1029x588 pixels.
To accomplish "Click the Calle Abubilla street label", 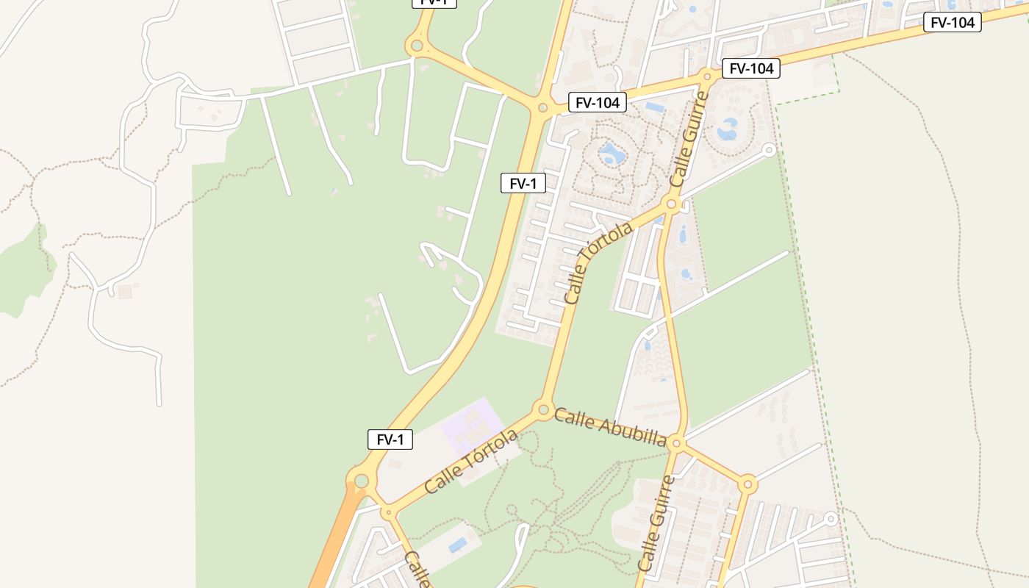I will tap(610, 427).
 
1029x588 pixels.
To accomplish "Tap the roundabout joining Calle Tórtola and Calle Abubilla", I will tap(543, 409).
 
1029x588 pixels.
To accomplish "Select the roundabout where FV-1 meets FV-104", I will tap(542, 108).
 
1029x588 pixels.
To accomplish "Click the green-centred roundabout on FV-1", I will tap(361, 481).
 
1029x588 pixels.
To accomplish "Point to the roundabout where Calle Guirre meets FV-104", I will tap(708, 76).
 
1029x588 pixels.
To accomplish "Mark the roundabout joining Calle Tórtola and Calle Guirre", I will tap(670, 204).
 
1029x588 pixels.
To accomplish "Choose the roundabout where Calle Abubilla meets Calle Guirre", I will tap(677, 443).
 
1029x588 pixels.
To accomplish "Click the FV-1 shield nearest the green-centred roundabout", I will tap(390, 440).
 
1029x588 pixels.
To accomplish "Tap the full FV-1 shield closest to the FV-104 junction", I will tap(523, 183).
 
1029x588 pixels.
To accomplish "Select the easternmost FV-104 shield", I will tap(953, 23).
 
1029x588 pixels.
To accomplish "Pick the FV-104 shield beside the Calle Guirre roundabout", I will tap(750, 68).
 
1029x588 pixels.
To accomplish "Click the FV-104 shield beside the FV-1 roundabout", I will tap(598, 103).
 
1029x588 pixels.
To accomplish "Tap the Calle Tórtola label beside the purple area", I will tap(471, 462).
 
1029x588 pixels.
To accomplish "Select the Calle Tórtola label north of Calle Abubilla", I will tap(598, 263).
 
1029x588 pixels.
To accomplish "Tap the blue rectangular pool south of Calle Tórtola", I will tap(458, 545).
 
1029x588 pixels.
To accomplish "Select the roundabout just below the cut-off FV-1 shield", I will tap(417, 46).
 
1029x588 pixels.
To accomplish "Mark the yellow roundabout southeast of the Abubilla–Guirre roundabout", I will tap(747, 484).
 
